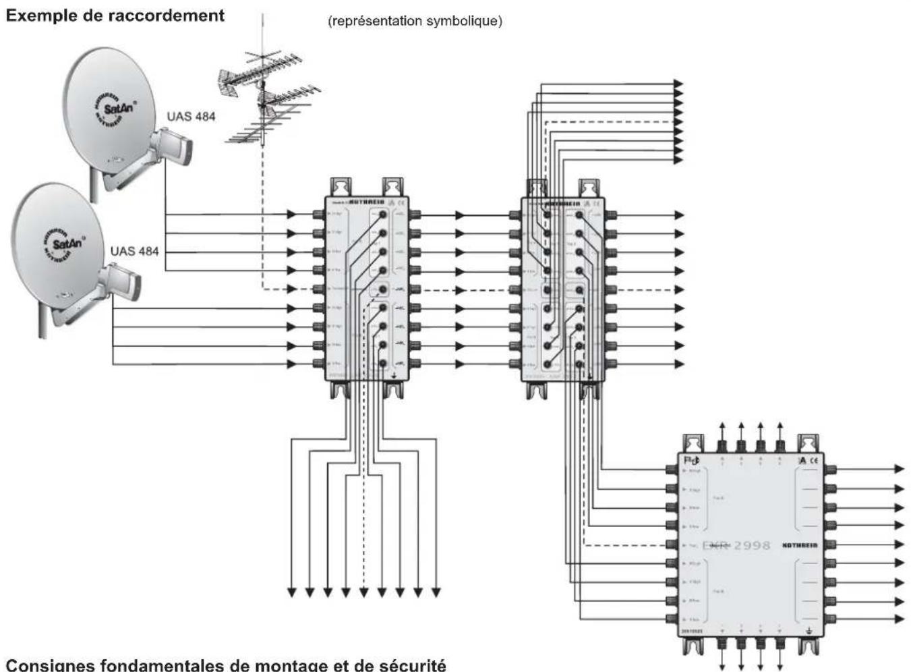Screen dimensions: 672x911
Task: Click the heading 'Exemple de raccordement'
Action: coord(115,15)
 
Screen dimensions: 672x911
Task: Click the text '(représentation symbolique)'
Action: coord(415,21)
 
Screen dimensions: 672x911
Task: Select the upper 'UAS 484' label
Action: coord(191,116)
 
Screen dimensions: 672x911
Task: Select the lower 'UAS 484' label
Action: coord(134,251)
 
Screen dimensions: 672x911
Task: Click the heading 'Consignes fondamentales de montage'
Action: coord(226,665)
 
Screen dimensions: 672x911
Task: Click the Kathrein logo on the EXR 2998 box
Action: coord(800,545)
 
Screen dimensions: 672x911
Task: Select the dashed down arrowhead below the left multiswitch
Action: coord(363,592)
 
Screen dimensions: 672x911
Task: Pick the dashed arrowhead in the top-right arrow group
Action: coord(678,122)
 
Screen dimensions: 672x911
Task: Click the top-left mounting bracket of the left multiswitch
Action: coord(341,186)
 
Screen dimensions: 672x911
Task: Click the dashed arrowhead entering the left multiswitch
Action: coord(291,289)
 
